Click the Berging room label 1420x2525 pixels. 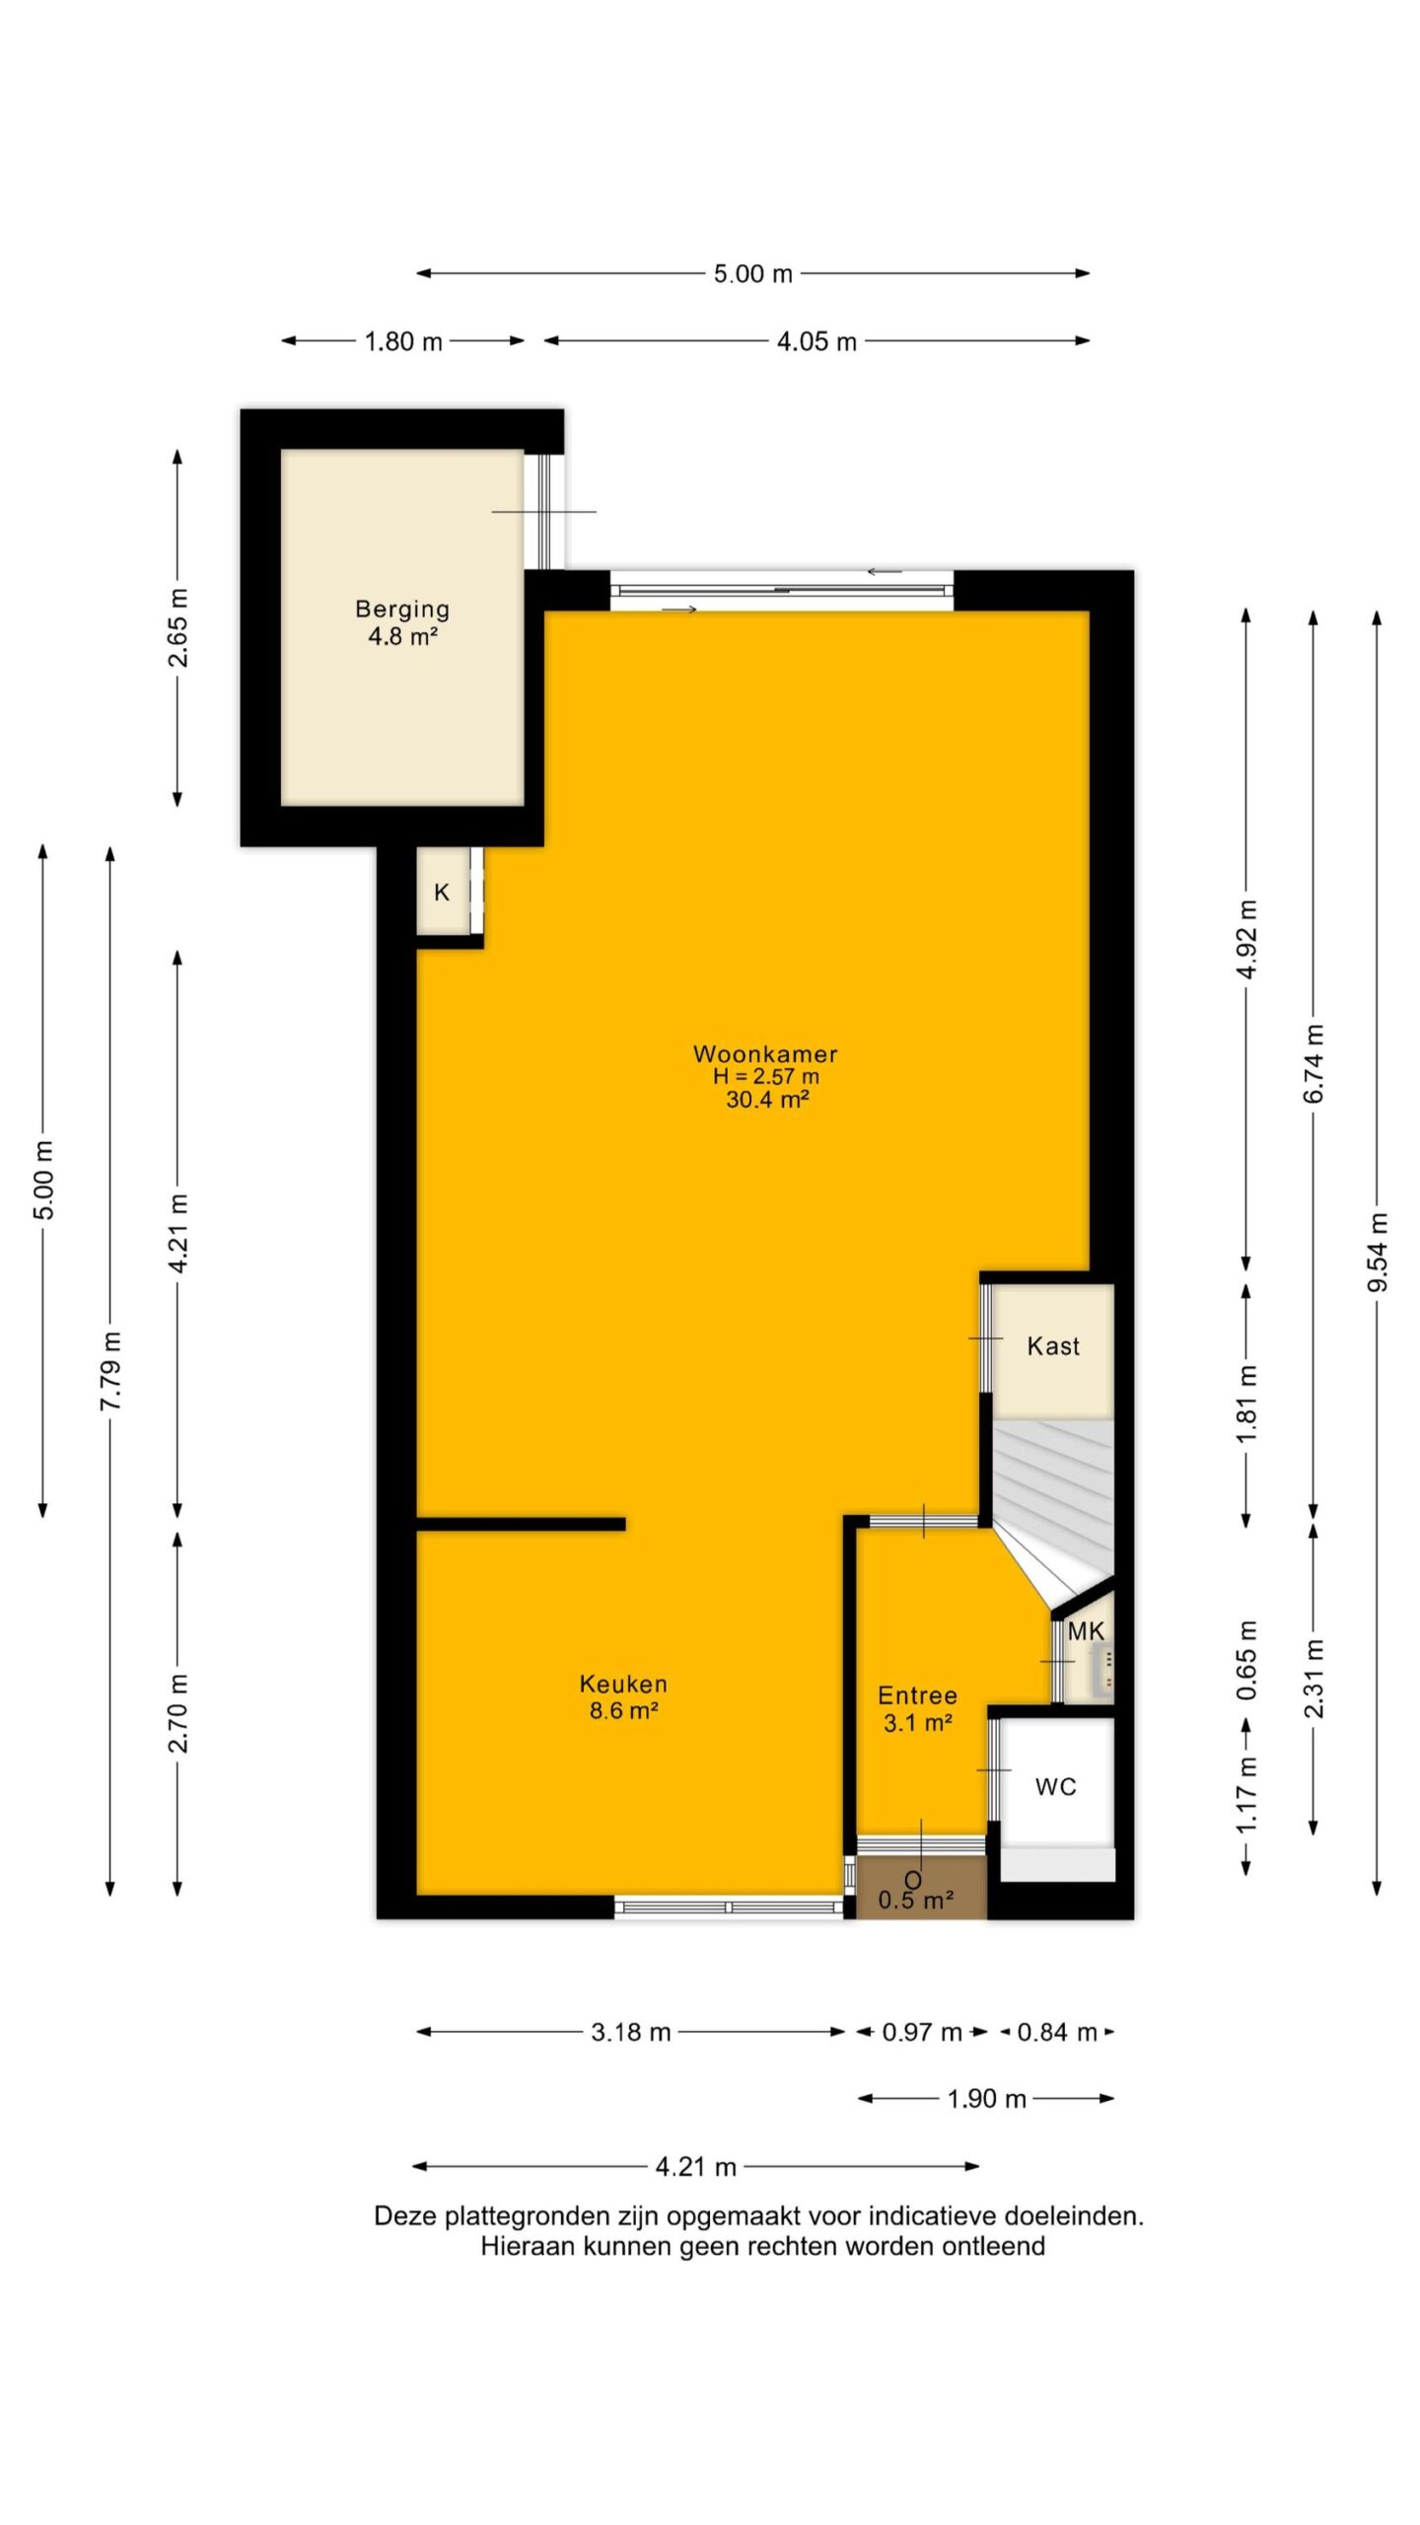(x=402, y=609)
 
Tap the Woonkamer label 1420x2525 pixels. (x=765, y=1053)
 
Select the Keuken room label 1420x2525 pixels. (x=623, y=1684)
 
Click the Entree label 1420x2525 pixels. (x=917, y=1695)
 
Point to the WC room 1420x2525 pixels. (x=1055, y=1786)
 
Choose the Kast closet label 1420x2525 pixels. (x=1053, y=1346)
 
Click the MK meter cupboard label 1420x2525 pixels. (x=1086, y=1631)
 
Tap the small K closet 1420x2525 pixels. (x=442, y=892)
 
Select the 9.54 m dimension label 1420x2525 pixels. (x=1378, y=1252)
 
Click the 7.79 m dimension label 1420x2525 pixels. (x=110, y=1370)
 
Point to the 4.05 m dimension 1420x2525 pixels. (x=816, y=341)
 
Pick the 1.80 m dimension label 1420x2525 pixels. (x=403, y=341)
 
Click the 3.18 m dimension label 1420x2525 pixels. (x=631, y=2032)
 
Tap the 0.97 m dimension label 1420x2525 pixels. (x=922, y=2032)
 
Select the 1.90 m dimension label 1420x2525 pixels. (x=987, y=2099)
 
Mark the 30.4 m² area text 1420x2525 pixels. (x=767, y=1099)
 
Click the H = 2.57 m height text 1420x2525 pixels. (x=766, y=1076)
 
